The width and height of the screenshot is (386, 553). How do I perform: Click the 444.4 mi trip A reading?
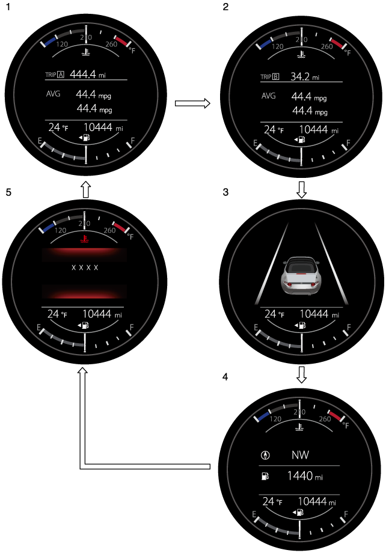click(88, 75)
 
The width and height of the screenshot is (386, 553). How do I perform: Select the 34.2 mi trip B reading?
click(304, 76)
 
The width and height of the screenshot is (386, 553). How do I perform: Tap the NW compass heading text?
click(300, 455)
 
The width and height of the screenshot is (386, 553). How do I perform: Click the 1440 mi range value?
click(305, 476)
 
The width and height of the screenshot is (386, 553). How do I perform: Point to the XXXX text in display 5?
click(85, 267)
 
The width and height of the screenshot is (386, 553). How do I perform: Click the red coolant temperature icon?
click(84, 239)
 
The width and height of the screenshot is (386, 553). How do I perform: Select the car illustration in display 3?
click(301, 276)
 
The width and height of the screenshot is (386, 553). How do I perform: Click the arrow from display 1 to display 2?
click(192, 103)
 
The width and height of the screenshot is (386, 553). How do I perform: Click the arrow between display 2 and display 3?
click(301, 190)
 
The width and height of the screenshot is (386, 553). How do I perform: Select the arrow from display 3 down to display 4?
click(301, 374)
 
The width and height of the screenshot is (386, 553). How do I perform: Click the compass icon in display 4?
click(265, 455)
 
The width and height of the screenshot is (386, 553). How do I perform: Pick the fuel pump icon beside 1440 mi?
click(265, 476)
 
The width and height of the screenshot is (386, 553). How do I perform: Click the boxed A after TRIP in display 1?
click(61, 75)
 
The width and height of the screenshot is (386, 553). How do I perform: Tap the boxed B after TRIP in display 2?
click(275, 77)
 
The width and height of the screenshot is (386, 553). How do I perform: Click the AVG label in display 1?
click(54, 94)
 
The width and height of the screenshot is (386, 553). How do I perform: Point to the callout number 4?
click(225, 377)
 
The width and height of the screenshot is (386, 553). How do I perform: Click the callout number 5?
click(8, 192)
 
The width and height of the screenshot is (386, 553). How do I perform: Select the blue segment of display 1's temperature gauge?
click(50, 41)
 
